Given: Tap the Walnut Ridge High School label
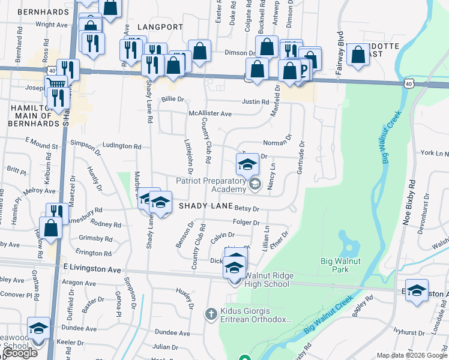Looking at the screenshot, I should coord(267,280).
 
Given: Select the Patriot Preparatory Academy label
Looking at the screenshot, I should coord(211,185).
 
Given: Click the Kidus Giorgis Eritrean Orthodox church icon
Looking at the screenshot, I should coord(211,313).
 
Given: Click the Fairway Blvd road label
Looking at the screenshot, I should coord(340,53).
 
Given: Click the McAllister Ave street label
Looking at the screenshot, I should coord(210,113).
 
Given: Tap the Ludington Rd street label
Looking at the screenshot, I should coord(122,146).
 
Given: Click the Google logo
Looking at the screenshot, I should coord(20,353).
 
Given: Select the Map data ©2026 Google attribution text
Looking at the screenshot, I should coord(411,355).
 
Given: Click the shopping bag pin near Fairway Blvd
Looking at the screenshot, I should coord(358,55).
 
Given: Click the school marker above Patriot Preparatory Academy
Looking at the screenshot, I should coord(247,164).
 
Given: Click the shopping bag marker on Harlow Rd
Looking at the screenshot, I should coord(51,228).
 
